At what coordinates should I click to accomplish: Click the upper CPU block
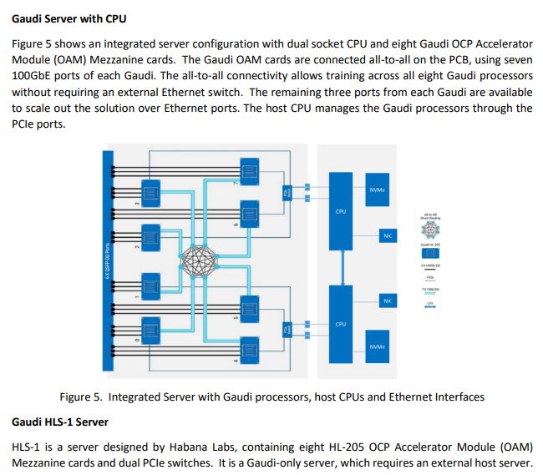(x=341, y=213)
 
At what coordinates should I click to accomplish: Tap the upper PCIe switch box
(x=289, y=193)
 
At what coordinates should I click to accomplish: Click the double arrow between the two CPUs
(x=341, y=268)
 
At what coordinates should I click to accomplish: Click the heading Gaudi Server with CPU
(x=69, y=18)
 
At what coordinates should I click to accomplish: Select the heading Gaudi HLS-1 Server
(x=63, y=421)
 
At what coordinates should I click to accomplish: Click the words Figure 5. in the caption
(x=81, y=396)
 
